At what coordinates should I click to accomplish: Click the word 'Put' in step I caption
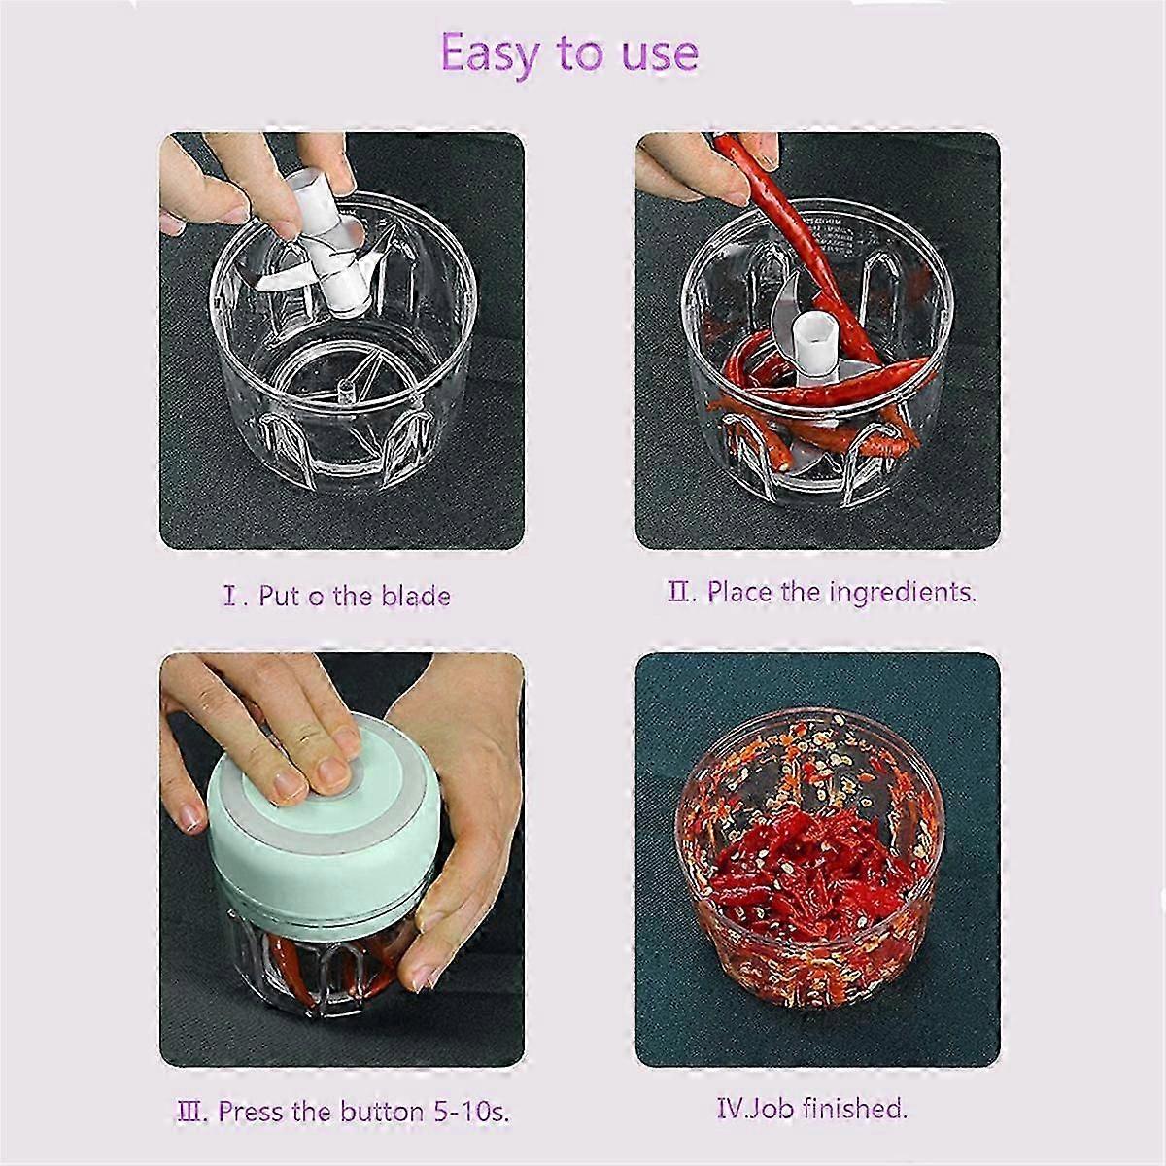[279, 595]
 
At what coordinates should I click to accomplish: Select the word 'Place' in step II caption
[739, 591]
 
